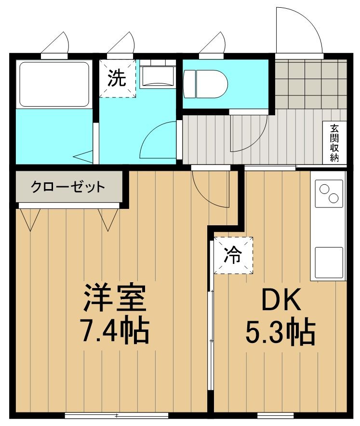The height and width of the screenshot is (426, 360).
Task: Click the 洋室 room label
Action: coord(115,298)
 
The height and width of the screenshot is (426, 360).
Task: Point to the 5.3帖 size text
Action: coord(280,333)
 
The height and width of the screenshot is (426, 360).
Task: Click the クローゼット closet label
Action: coord(68,187)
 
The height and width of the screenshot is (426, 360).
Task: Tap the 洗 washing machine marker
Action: coord(118,78)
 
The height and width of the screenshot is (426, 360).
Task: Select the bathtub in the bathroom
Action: coord(53,84)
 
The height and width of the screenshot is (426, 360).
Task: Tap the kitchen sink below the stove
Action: coord(329,261)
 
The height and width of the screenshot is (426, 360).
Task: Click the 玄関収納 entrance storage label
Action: coord(334,143)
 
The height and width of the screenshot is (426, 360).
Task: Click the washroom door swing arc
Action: coord(159,140)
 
